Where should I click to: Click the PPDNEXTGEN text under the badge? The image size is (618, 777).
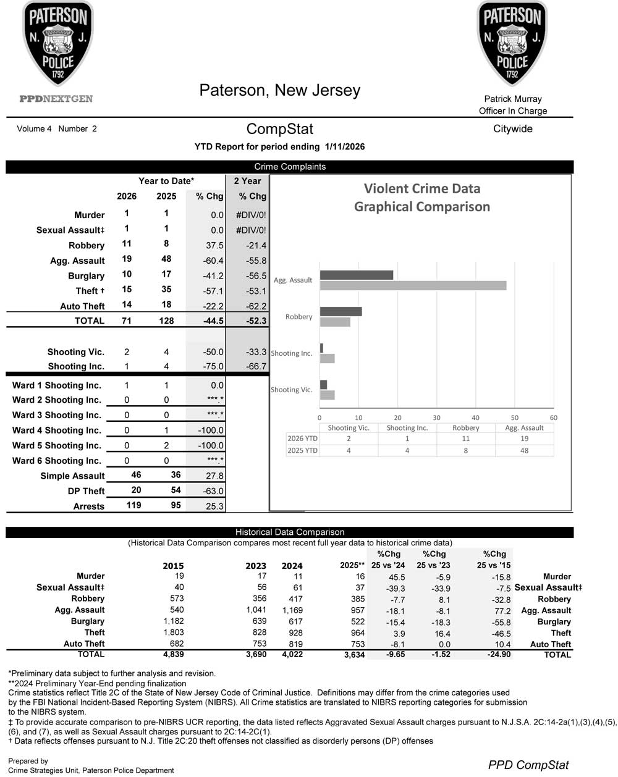point(56,99)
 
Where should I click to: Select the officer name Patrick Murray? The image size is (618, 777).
point(512,99)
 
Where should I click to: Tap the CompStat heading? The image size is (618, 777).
point(279,129)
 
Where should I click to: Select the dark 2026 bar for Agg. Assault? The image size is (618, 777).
point(357,275)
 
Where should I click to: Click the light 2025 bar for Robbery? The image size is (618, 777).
point(335,322)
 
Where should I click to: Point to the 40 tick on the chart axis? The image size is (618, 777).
point(475,418)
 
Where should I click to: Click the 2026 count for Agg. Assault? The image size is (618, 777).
point(127,259)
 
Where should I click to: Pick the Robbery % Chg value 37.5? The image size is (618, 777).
point(214,245)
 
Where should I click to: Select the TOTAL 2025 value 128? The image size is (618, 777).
point(166,321)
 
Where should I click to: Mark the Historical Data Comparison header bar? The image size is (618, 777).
point(290,532)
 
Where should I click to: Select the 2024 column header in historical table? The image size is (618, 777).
point(292,566)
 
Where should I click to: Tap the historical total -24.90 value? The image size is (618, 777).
point(497,654)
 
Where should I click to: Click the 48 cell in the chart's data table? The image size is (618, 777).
point(524,450)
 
